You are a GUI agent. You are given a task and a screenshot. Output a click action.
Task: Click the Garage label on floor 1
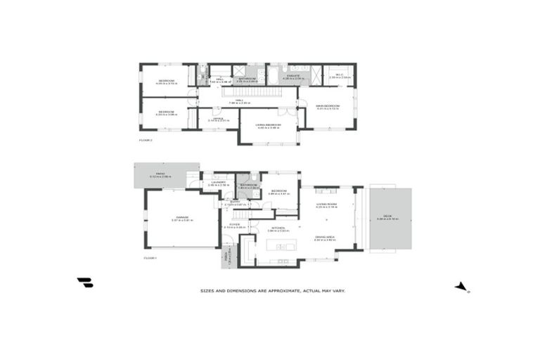(182, 218)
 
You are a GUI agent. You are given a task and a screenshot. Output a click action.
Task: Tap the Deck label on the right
(387, 217)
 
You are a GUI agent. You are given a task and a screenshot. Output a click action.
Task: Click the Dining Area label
(326, 238)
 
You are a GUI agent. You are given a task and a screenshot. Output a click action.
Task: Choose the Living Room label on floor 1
(326, 204)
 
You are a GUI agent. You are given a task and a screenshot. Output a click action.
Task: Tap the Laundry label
(217, 182)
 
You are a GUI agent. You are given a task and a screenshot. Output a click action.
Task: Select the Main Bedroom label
(328, 106)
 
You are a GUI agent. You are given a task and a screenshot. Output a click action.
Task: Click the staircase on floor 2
(246, 91)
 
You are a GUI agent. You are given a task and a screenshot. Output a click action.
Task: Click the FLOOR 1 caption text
(149, 259)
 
